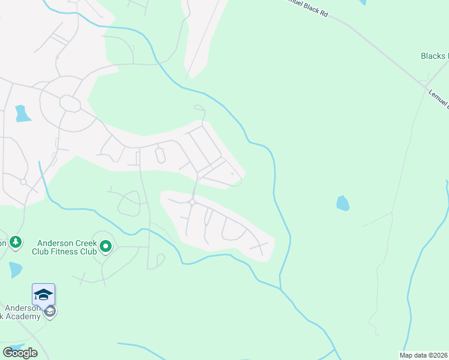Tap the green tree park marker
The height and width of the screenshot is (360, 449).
click(16, 242)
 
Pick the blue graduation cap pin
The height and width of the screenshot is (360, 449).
click(43, 295)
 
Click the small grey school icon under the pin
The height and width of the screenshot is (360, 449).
click(50, 311)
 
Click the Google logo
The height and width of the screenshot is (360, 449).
click(20, 352)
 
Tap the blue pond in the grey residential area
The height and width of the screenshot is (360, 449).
click(22, 113)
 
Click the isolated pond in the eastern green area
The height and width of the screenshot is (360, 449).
click(342, 203)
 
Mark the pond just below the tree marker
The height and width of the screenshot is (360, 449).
click(15, 269)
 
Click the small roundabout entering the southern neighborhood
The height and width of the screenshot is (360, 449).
click(192, 203)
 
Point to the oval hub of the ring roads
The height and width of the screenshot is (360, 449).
click(70, 104)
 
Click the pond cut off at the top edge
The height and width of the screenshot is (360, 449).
click(361, 2)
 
